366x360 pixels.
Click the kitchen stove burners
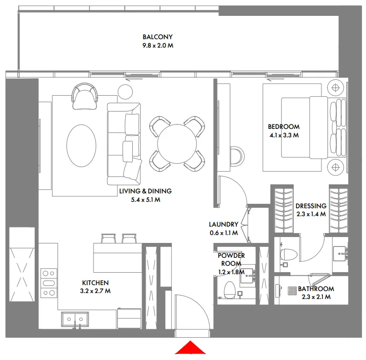click(49, 283)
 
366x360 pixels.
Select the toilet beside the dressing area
click(288, 254)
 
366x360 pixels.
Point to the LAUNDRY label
click(223, 224)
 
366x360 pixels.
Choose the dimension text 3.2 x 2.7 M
click(96, 291)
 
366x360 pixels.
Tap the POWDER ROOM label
click(231, 259)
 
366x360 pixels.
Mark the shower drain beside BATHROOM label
click(290, 289)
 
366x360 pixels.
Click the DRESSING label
click(311, 206)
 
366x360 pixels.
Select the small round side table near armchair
click(125, 90)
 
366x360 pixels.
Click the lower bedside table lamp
click(336, 166)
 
